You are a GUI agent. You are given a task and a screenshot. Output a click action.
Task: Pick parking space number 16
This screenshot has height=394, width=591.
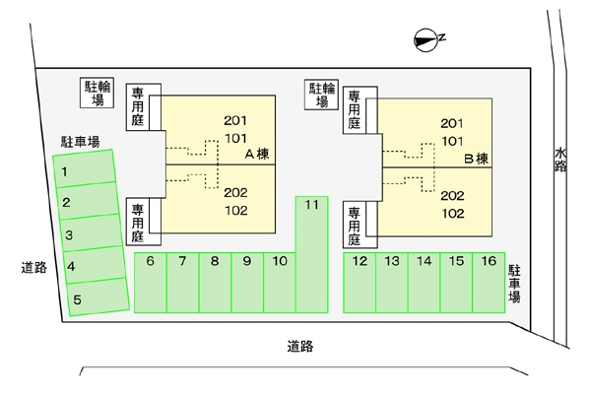coord(488,282)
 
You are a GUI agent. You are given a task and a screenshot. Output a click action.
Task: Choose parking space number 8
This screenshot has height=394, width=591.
coord(215,282)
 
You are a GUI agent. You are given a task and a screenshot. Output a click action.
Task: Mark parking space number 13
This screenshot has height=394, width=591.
coord(391,282)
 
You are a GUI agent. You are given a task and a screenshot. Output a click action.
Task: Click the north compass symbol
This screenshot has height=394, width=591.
coord(426,39)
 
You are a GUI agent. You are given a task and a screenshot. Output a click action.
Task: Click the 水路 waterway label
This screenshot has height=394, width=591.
coord(560,160)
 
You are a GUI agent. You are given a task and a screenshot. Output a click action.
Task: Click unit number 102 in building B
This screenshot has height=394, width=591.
coord(452,213)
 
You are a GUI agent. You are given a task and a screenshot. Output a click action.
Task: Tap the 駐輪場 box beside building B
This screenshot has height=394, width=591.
coord(322,95)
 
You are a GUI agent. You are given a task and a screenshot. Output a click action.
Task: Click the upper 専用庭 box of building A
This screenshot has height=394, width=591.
coord(138,106)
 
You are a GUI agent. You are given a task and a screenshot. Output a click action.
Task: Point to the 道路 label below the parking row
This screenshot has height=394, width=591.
coord(300,346)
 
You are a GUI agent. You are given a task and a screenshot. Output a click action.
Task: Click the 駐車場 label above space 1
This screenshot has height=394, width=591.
coord(80,142)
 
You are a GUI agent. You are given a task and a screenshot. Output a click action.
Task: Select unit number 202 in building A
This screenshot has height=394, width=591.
coord(235,193)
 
